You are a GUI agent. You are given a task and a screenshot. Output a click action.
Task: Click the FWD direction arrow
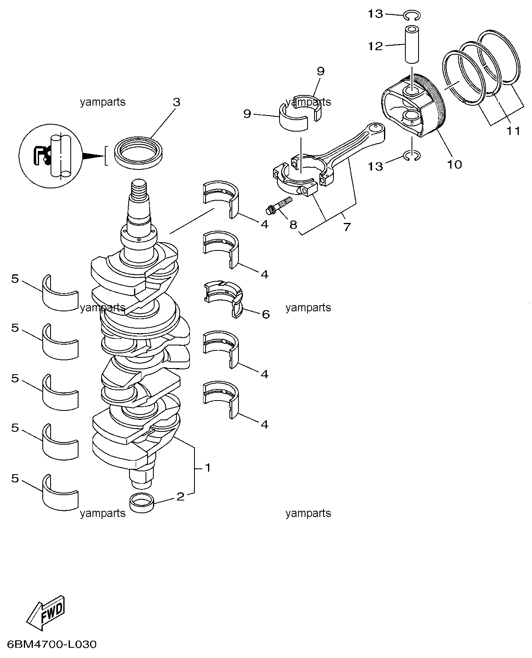coord(46,612)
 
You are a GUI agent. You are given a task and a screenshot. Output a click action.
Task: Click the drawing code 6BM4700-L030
coord(52,644)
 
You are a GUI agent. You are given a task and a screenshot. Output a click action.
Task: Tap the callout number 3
coord(176,102)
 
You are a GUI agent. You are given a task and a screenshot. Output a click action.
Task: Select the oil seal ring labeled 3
coord(138,153)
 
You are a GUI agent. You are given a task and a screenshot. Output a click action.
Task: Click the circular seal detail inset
coord(51,156)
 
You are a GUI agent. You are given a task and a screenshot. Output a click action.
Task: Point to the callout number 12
coord(375,46)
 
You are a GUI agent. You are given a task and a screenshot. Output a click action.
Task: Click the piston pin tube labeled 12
coord(412,44)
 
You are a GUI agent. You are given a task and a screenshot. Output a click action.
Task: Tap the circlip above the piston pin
coord(412,15)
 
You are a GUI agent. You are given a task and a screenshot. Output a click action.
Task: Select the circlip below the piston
coord(412,156)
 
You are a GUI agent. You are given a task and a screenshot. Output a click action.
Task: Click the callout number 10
coord(454,164)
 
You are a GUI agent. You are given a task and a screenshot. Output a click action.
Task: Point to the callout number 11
coord(513,131)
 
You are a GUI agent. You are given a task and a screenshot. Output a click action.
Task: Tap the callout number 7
coord(347,227)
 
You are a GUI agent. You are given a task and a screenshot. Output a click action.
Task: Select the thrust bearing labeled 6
coord(223,299)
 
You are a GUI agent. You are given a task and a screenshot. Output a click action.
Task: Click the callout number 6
coord(266,314)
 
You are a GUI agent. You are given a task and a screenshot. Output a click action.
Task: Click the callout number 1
coord(208,468)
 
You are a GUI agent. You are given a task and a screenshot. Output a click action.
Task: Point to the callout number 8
coord(293,225)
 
